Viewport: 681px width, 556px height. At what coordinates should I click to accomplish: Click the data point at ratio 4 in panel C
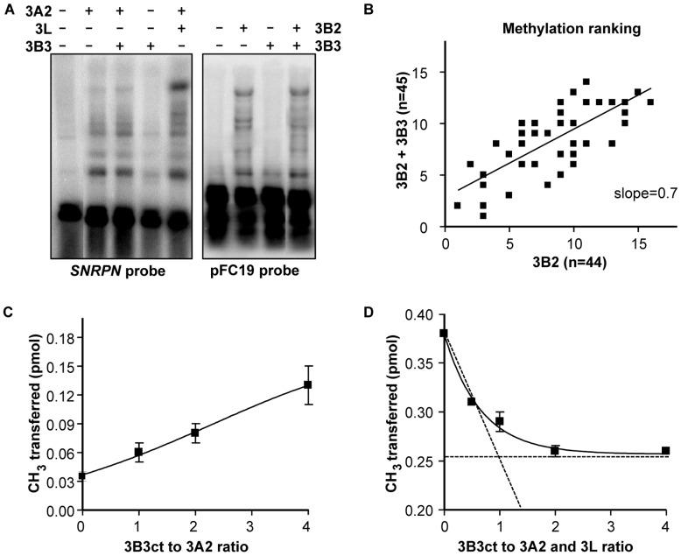point(307,384)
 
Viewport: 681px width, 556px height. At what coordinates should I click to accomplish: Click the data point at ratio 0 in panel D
point(445,334)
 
